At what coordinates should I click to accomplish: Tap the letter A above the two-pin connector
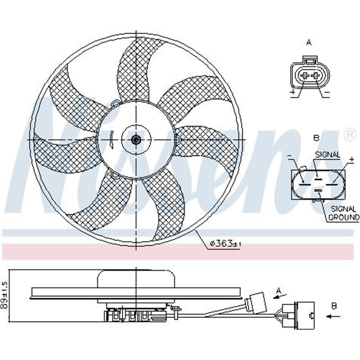coord(309,42)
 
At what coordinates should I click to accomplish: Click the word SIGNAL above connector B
coord(327,154)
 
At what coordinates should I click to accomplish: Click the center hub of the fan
coord(136,139)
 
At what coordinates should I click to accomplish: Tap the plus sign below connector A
coord(292,93)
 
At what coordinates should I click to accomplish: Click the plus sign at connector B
coord(351,160)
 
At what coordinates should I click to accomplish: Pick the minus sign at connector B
coord(289,157)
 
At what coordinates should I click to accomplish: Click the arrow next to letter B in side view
coord(333,316)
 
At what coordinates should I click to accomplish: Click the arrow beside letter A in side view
coord(280,296)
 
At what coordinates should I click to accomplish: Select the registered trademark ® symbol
coord(349,134)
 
